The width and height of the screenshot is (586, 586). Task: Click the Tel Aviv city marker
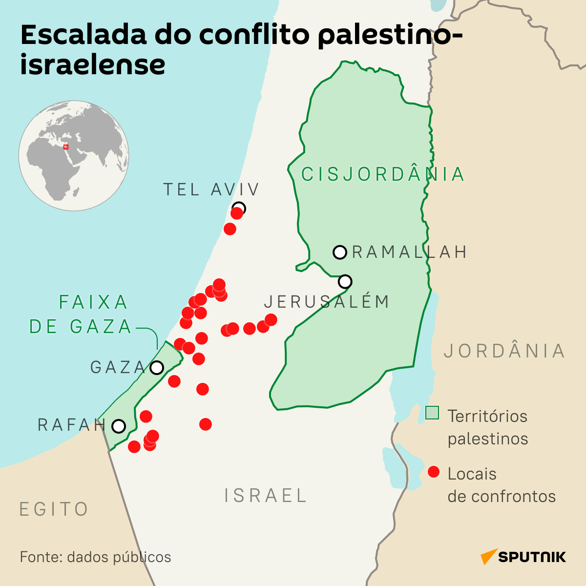(x=239, y=208)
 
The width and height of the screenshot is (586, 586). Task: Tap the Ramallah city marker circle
(x=339, y=252)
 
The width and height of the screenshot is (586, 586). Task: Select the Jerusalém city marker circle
(x=345, y=281)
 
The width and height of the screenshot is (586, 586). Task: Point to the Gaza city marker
(x=157, y=368)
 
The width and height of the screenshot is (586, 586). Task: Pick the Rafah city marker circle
(x=119, y=426)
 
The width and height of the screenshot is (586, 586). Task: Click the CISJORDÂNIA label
(x=383, y=174)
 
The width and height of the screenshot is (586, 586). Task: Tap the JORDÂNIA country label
(x=504, y=351)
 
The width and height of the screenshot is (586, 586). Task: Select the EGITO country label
(x=54, y=509)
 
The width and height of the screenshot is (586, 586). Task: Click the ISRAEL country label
(x=265, y=496)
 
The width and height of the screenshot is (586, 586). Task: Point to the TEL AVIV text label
(x=211, y=189)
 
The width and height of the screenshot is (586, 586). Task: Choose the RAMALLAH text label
(x=409, y=252)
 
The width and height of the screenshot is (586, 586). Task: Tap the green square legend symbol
(x=432, y=413)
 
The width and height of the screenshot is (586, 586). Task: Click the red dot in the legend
(x=433, y=472)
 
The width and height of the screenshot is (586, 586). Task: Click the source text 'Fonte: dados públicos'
(x=96, y=557)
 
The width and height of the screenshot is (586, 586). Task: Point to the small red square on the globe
(x=66, y=146)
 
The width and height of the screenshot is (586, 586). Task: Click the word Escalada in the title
(x=84, y=35)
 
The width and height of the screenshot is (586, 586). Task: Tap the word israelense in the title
(x=93, y=64)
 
